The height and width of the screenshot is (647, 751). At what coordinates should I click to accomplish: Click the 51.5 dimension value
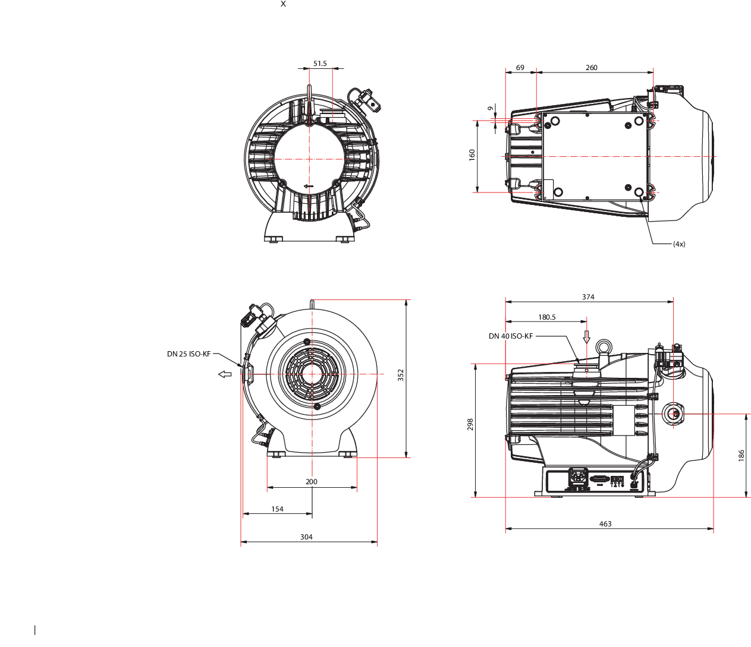coord(320,64)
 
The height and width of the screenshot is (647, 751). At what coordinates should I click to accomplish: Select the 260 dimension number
coord(591,68)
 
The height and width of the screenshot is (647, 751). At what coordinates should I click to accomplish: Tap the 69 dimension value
coord(520,68)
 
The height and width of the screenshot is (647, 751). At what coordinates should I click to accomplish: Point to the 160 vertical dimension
coord(472,155)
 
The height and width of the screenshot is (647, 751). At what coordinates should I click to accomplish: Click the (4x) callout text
coord(679,244)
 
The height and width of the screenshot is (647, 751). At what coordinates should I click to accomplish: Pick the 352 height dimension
coord(400,375)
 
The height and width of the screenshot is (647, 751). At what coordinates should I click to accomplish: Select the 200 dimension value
coord(312,482)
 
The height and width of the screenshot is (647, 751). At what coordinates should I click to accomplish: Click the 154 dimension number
coord(277,509)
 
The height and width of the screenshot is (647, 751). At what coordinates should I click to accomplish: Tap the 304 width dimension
coord(306,536)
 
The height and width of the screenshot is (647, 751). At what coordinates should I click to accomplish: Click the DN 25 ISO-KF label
coord(188,354)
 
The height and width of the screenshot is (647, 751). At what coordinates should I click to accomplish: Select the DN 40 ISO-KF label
coord(510,336)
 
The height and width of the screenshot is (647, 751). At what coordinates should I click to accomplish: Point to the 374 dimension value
coord(588,297)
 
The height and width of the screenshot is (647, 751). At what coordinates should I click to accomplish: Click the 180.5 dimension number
coord(547,317)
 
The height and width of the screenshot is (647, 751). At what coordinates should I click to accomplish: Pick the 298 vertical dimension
coord(470,424)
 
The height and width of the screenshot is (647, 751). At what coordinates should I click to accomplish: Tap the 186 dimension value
coord(741,456)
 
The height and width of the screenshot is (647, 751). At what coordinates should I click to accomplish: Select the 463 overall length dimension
coord(605,524)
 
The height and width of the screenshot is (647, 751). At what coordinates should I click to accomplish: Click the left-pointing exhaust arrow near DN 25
coord(225,374)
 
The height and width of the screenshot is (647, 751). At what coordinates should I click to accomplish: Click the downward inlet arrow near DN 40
coord(586,337)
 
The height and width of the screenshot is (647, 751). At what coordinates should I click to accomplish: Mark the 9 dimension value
coord(490,109)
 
